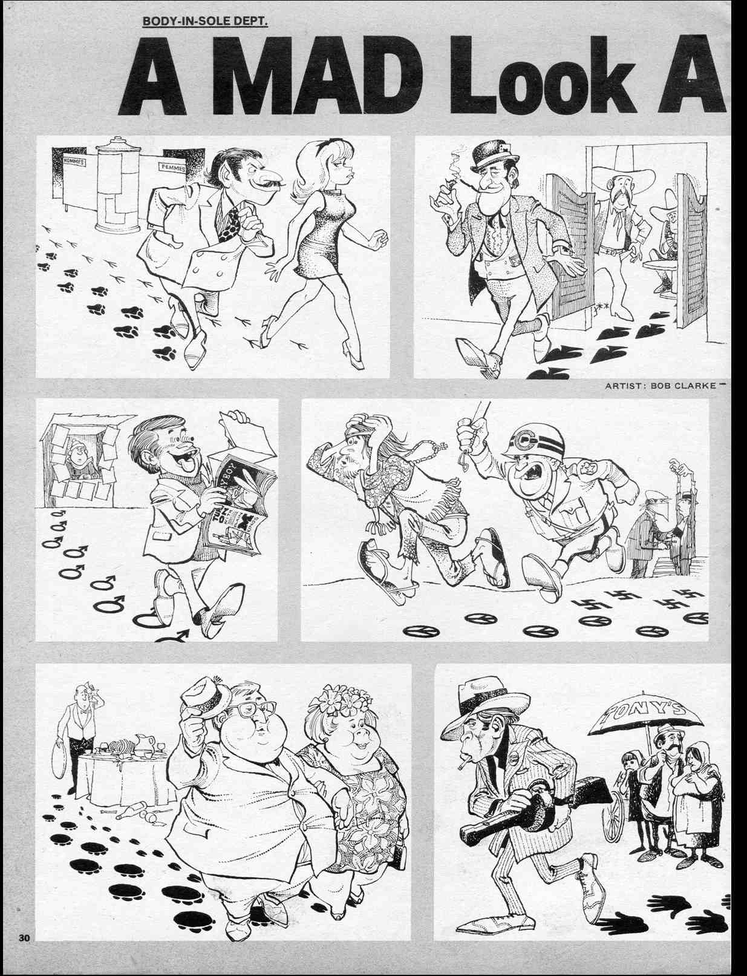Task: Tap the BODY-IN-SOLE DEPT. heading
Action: pos(204,22)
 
